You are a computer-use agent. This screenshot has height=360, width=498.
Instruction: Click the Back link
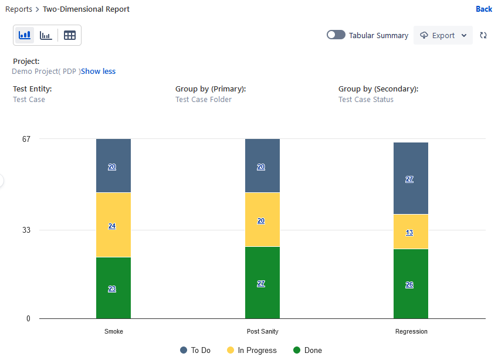click(483, 9)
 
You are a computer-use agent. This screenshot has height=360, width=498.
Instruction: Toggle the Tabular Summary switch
click(336, 35)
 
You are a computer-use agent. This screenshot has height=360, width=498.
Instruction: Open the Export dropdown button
click(443, 35)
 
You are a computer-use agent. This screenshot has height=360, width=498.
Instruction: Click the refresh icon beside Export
click(483, 35)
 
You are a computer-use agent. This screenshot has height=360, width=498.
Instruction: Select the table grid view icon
click(70, 35)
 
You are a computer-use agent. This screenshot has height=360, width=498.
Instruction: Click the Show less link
click(98, 72)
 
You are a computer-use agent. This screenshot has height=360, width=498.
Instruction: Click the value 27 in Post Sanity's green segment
click(261, 284)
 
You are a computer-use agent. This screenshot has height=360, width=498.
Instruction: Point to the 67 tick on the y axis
click(26, 139)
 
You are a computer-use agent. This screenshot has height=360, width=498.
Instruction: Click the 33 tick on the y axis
click(26, 230)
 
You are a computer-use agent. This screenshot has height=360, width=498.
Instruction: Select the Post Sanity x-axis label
click(262, 331)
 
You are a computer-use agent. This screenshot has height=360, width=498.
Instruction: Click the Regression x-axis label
click(411, 331)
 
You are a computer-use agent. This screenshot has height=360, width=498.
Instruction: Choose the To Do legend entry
click(195, 350)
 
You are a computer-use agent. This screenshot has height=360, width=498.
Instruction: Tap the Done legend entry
click(308, 350)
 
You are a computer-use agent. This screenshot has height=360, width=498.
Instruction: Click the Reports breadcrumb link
click(19, 9)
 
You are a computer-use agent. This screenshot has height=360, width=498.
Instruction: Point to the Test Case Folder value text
click(204, 100)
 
